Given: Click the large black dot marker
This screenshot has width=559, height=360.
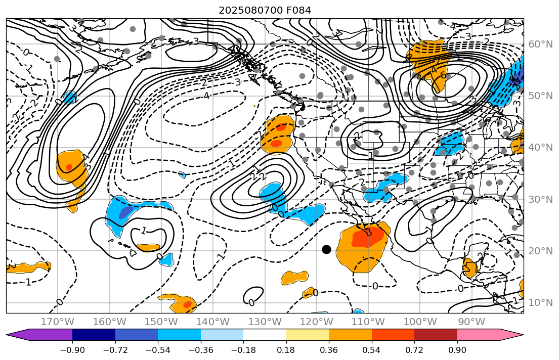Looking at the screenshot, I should pos(326,249).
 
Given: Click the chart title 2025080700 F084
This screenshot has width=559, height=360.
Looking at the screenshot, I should pos(265,10).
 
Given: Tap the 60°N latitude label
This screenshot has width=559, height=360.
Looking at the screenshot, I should pos(540,44).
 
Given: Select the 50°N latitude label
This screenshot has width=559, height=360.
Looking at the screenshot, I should pos(540,96).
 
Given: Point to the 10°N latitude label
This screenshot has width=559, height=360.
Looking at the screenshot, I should pos(540,302).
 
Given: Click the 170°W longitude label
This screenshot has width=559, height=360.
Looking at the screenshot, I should pos(57,322).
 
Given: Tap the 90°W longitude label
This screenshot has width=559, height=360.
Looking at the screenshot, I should pos(471,322).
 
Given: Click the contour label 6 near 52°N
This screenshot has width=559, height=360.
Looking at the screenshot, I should pos(444,75).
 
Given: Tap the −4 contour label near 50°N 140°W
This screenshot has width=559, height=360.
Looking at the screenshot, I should pos(205,95).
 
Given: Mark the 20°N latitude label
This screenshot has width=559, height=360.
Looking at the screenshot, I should pos(540,251).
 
